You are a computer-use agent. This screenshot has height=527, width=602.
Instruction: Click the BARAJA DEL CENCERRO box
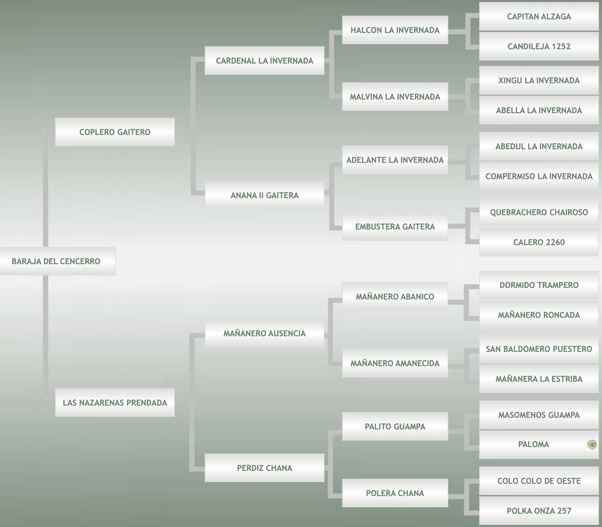pyautogui.click(x=57, y=261)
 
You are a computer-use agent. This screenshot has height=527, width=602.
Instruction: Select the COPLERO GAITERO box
pyautogui.click(x=114, y=132)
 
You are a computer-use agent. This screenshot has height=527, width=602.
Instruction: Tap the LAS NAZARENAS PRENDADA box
pyautogui.click(x=114, y=403)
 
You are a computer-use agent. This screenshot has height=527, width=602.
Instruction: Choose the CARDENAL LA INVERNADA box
pyautogui.click(x=264, y=61)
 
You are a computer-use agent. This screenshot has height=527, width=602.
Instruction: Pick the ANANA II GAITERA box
pyautogui.click(x=264, y=196)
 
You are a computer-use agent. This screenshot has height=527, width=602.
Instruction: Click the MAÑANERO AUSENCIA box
pyautogui.click(x=264, y=334)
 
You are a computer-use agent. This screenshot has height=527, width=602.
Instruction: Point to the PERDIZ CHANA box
pyautogui.click(x=264, y=468)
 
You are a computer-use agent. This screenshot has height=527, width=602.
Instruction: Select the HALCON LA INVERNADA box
pyautogui.click(x=395, y=30)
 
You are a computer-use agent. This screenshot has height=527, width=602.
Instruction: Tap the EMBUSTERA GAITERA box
pyautogui.click(x=395, y=227)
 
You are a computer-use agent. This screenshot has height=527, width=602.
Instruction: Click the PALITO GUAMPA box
pyautogui.click(x=395, y=427)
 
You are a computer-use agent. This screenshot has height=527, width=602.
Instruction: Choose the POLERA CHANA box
pyautogui.click(x=395, y=494)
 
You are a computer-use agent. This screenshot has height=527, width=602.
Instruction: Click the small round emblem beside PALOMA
pyautogui.click(x=592, y=445)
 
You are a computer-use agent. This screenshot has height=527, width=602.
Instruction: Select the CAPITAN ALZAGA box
pyautogui.click(x=538, y=17)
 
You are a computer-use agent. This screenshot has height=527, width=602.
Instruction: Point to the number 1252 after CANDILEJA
pyautogui.click(x=561, y=47)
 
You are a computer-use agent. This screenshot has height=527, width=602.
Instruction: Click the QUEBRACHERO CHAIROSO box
pyautogui.click(x=538, y=213)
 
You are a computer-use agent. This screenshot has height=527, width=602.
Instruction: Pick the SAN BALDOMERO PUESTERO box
pyautogui.click(x=538, y=349)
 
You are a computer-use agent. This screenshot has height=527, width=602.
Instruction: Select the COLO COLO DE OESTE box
pyautogui.click(x=538, y=482)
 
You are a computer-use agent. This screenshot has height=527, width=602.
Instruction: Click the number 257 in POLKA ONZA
pyautogui.click(x=563, y=512)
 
